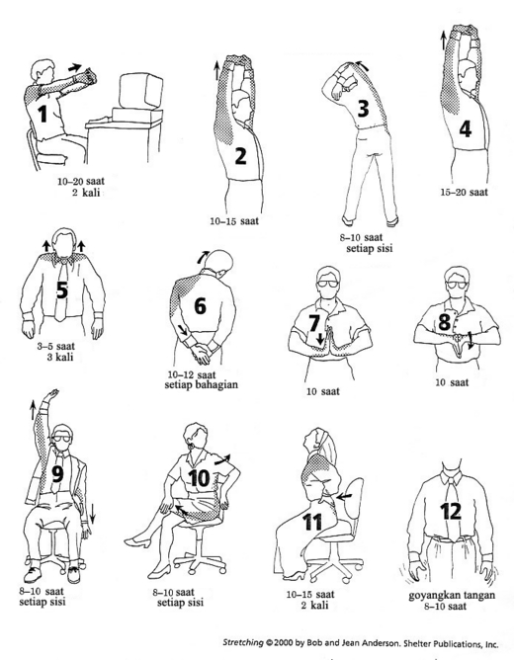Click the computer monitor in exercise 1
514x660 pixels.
pos(140,91)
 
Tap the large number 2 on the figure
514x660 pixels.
pos(240,156)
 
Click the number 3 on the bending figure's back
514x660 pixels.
pos(363,108)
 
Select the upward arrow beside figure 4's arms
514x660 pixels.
pos(443,41)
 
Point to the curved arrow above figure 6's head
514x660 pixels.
pos(203,257)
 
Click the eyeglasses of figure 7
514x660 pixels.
pos(328,284)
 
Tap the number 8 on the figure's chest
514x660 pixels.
pos(445,322)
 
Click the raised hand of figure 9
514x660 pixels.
pos(51,395)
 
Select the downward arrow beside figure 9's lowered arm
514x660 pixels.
pos(92,514)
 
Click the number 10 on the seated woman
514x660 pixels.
pos(199,478)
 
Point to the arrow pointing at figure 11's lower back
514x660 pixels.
pos(345,497)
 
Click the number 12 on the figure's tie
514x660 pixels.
pos(451,512)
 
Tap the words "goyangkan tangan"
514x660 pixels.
pos(452,595)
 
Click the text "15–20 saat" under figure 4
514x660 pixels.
pos(464,193)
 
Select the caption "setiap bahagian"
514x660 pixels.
pos(201,384)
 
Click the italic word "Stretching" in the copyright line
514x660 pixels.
pos(243,643)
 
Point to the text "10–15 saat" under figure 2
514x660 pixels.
pos(234,221)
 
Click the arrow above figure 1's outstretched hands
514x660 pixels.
pos(75,67)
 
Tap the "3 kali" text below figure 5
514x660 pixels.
pos(60,357)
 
